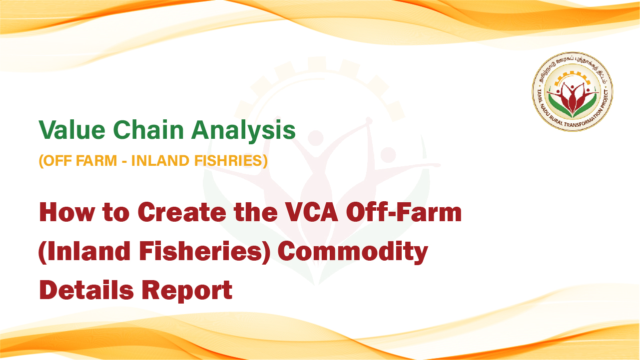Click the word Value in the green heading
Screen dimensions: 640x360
click(72, 130)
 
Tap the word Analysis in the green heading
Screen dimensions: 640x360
click(243, 132)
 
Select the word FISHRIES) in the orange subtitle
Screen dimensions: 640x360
click(231, 161)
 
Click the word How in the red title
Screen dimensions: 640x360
click(66, 212)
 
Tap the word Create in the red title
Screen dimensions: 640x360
click(182, 212)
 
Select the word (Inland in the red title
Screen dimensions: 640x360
click(84, 252)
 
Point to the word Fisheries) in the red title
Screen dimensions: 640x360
click(204, 252)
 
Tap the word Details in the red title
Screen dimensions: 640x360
click(86, 290)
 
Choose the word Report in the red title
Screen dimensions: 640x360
click(187, 291)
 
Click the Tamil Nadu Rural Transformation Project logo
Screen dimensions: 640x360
click(572, 92)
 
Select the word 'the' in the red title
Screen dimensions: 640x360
click(256, 212)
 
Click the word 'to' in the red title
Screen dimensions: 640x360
click(116, 213)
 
